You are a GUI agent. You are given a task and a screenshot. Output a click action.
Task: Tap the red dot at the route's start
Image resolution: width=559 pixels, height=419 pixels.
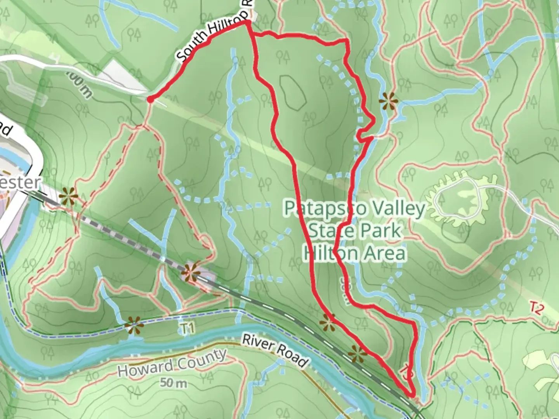point(150,100)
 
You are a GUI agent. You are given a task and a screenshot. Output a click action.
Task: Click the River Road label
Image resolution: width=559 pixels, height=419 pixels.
point(275,351)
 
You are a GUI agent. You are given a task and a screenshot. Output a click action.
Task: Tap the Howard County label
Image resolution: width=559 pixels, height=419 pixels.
point(172,362)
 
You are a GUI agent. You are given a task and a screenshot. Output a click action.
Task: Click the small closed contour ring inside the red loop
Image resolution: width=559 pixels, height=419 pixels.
point(292,92)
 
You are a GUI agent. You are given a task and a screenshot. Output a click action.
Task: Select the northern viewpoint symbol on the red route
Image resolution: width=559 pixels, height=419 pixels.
point(327,322)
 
